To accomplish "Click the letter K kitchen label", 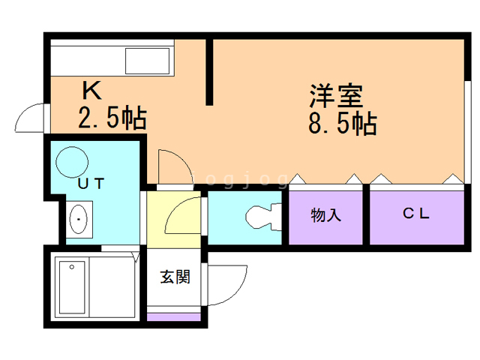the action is (91, 90).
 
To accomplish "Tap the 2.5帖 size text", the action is (112, 117).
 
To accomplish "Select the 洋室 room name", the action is (336, 95).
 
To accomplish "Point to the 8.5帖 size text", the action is (342, 123).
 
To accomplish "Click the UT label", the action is (91, 183).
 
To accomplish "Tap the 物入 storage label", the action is (325, 214).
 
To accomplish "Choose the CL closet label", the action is (415, 213).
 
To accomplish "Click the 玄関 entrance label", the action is (175, 277).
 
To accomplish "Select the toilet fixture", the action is (263, 217).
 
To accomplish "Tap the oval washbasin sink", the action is (79, 219).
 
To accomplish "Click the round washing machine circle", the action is (72, 162).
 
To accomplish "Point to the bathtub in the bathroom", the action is (72, 287).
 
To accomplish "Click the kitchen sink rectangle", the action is (147, 61).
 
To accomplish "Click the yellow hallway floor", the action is (173, 220).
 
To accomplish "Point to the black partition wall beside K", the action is (209, 72).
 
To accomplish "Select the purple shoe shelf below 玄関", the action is (173, 317).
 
